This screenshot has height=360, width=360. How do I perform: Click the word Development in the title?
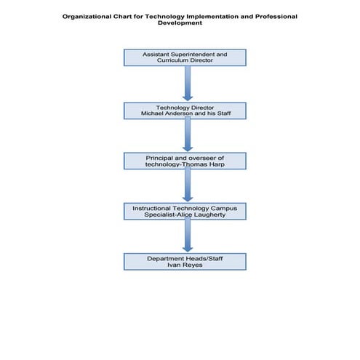pyautogui.click(x=180, y=23)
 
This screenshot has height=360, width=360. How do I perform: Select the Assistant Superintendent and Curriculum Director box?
pyautogui.click(x=185, y=57)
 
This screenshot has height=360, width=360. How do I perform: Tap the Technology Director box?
pyautogui.click(x=185, y=110)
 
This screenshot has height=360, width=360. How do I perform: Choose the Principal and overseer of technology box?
pyautogui.click(x=185, y=161)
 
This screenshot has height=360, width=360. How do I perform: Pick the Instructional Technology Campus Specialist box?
pyautogui.click(x=185, y=211)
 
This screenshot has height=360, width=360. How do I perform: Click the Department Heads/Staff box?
pyautogui.click(x=185, y=262)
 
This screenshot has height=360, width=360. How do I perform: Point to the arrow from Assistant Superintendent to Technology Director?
pyautogui.click(x=187, y=83)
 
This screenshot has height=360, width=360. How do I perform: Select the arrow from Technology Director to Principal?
pyautogui.click(x=187, y=135)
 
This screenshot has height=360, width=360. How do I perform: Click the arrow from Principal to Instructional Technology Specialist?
pyautogui.click(x=187, y=185)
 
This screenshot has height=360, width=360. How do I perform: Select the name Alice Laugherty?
pyautogui.click(x=208, y=215)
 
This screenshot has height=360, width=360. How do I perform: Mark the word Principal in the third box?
pyautogui.click(x=159, y=156)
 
